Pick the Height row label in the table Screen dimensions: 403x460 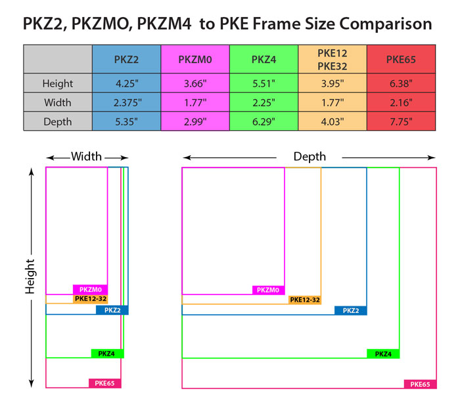58,83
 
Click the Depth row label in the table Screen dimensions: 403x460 58,122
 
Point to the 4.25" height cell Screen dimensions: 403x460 127,83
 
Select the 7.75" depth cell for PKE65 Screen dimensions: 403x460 400,122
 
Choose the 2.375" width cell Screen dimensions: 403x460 127,103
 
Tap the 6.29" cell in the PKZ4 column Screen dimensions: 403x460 264,122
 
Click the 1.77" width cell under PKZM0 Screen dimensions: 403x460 195,103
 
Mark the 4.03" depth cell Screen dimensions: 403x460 332,122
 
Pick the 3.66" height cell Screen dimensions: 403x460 195,83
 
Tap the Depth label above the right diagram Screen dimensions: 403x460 310,157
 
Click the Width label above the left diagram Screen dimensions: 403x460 87,157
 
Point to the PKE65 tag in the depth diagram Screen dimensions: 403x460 420,384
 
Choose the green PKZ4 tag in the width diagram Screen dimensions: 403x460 107,354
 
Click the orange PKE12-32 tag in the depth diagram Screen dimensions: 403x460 305,300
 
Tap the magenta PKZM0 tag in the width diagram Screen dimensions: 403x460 91,289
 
